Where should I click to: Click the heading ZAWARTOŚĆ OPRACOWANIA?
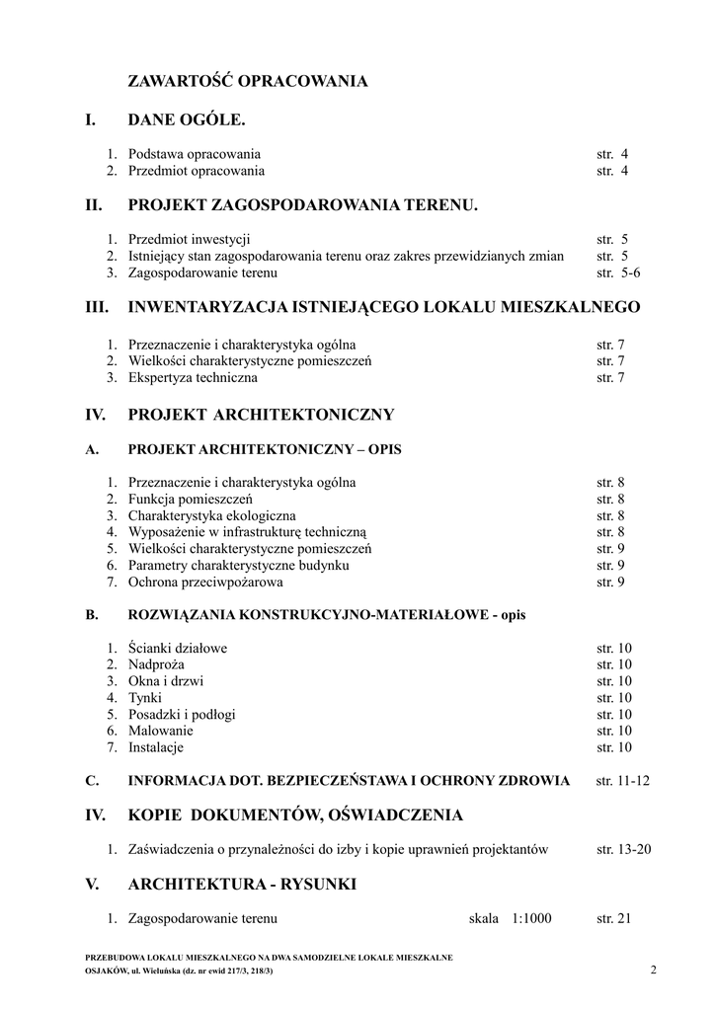(248, 81)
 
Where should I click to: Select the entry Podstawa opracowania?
(195, 154)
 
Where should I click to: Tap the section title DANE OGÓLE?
(187, 120)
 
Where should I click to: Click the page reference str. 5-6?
(618, 272)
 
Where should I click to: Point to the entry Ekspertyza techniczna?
(193, 377)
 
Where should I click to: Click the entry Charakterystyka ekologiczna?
(211, 515)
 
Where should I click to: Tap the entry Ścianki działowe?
(178, 648)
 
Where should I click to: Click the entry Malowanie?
(161, 731)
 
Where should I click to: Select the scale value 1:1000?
(531, 918)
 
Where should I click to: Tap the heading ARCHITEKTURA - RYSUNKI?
(242, 884)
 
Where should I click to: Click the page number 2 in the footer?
(653, 970)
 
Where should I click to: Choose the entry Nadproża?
(156, 664)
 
